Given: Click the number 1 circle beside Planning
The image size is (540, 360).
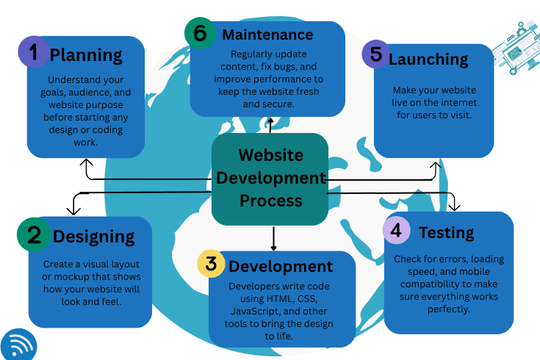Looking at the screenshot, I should [32, 52].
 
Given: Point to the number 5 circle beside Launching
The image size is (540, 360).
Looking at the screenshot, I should [376, 55].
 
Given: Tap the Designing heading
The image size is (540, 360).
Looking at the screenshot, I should [93, 236].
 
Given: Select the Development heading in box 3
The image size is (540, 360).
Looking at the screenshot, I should [280, 265].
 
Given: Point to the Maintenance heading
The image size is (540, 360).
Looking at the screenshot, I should [267, 35].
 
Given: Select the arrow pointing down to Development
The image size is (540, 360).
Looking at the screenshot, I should [273, 240].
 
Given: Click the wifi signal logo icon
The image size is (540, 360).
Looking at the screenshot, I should [17, 344].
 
